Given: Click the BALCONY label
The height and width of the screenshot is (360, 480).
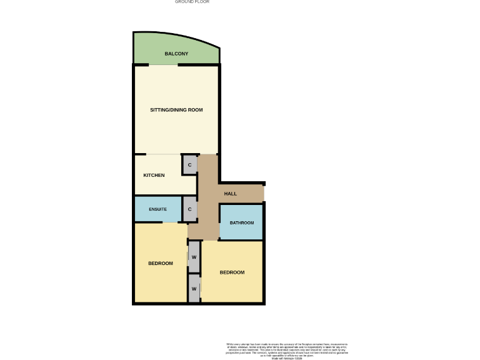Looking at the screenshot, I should [176, 54].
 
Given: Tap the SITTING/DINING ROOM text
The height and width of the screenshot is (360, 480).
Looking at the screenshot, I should [176, 110].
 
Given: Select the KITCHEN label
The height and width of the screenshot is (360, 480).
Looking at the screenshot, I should [154, 175].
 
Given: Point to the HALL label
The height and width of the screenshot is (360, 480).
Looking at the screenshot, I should [230, 194].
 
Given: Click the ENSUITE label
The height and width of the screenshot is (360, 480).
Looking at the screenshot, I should [157, 209].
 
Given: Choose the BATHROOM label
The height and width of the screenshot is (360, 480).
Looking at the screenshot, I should [241, 223].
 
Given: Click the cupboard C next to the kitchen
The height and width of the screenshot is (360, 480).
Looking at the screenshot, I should [189, 165].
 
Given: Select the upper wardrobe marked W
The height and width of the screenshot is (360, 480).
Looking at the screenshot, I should [194, 257].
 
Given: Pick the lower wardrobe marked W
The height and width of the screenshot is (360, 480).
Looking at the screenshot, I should [194, 289].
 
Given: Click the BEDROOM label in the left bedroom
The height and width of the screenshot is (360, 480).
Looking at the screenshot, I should [160, 263].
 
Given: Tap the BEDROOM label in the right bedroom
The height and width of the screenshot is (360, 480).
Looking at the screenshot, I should [232, 272].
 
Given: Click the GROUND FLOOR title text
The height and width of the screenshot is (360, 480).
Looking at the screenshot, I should [192, 2].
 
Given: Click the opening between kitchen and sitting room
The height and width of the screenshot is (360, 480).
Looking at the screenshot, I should [164, 154].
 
